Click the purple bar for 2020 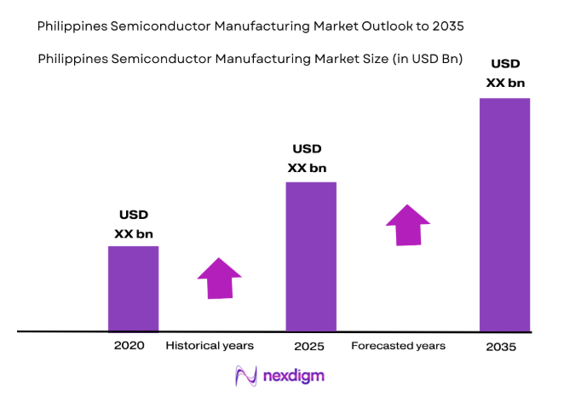pyautogui.click(x=133, y=288)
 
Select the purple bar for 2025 pyautogui.click(x=310, y=256)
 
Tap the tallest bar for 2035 pyautogui.click(x=504, y=214)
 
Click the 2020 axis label pyautogui.click(x=129, y=346)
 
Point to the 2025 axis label pyautogui.click(x=310, y=347)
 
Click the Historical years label pyautogui.click(x=210, y=346)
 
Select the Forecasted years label pyautogui.click(x=398, y=346)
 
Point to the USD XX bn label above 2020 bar pyautogui.click(x=133, y=224)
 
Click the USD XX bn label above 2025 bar pyautogui.click(x=307, y=158)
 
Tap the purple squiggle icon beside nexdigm pyautogui.click(x=246, y=375)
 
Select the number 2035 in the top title pyautogui.click(x=447, y=26)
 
